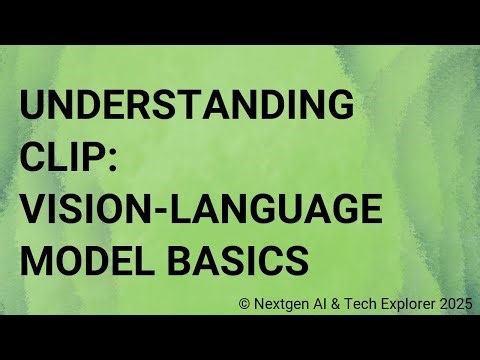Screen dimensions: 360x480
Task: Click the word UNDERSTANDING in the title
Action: click(187, 105)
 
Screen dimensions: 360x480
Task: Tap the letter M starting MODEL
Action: click(36, 262)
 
